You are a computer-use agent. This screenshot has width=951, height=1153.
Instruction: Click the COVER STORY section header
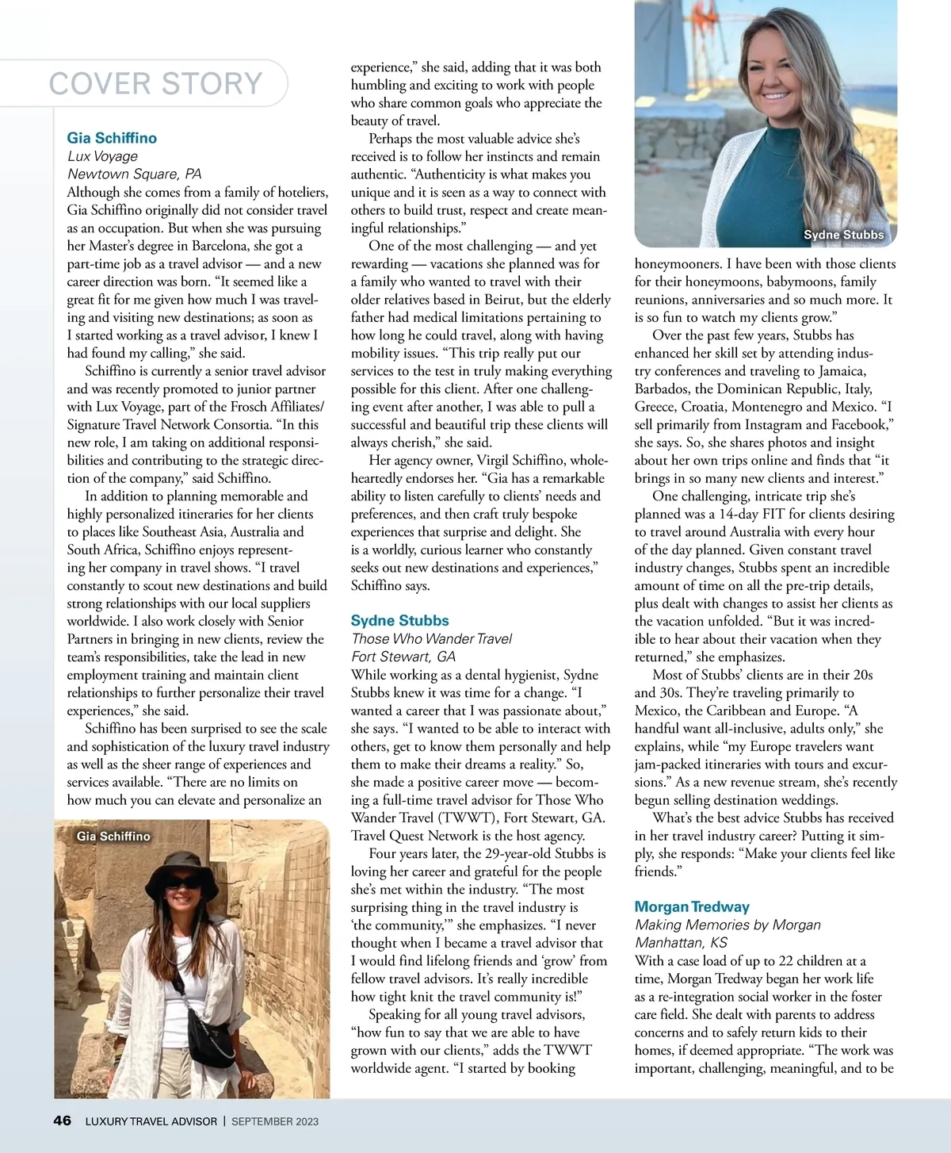[155, 83]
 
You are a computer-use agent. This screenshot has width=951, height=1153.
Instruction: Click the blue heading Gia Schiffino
[112, 138]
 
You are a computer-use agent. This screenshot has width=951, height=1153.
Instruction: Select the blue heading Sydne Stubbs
[399, 620]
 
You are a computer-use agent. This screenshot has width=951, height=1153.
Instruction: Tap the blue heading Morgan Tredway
[692, 906]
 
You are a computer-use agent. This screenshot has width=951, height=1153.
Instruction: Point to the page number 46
[62, 1120]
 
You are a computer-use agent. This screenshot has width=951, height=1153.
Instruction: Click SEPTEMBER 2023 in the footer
[275, 1121]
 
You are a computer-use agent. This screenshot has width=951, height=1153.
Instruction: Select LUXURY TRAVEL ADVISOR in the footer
[151, 1121]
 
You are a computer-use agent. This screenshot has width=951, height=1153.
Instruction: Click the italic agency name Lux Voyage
[102, 156]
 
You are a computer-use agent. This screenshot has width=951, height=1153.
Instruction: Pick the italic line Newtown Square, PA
[134, 174]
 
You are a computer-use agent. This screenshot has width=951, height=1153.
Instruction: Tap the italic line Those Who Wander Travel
[432, 638]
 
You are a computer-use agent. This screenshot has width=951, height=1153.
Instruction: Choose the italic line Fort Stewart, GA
[403, 657]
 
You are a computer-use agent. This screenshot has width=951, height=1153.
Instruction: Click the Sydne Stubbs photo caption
[843, 235]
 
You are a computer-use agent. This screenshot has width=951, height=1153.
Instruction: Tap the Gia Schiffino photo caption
[113, 836]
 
